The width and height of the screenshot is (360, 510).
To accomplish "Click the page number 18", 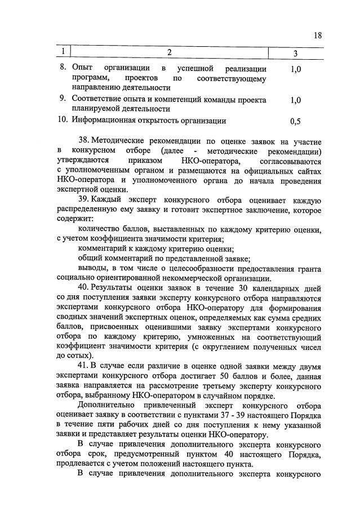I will click(x=318, y=36).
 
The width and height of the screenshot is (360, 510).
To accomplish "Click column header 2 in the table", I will click(x=168, y=53).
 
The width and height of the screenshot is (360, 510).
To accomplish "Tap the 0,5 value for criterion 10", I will click(x=295, y=121).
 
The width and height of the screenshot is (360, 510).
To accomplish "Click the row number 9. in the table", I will click(x=64, y=100).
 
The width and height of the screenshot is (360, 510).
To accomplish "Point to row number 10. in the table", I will click(x=63, y=120).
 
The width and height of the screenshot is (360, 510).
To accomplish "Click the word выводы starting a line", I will click(x=92, y=268).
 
